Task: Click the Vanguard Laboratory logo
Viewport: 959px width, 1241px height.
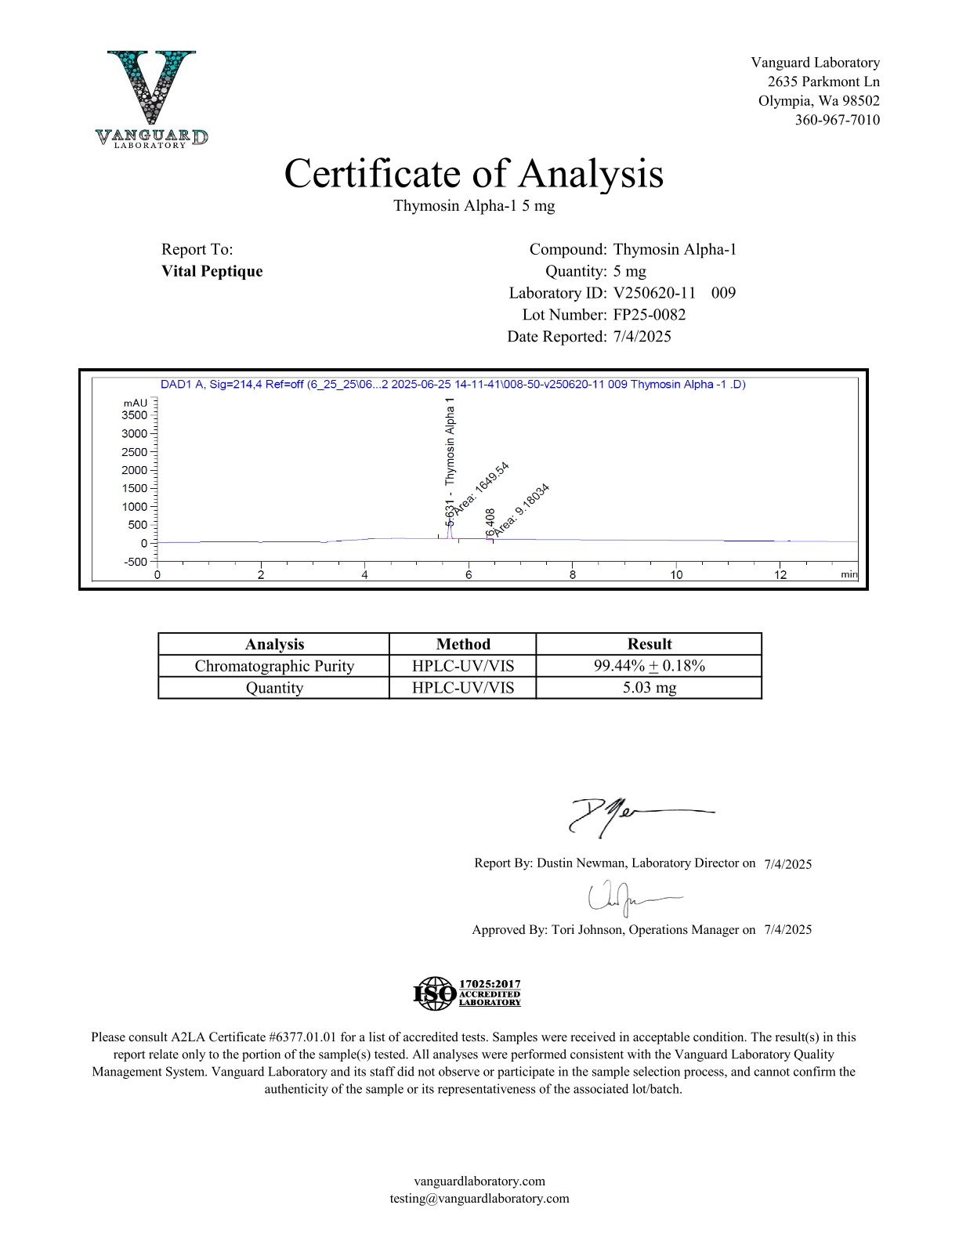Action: click(x=151, y=99)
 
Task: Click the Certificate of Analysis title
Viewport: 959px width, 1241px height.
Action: click(x=473, y=174)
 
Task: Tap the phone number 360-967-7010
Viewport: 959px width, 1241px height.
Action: click(x=837, y=120)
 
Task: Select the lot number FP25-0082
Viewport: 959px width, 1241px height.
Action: click(x=649, y=315)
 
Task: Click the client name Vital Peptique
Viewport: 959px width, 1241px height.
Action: click(x=212, y=271)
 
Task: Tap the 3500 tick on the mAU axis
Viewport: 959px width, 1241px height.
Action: click(x=135, y=415)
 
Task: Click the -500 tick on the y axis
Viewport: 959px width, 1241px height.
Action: click(x=136, y=562)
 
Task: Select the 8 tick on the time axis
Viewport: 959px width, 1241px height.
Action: click(x=573, y=574)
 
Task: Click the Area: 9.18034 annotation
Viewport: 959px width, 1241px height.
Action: click(x=522, y=510)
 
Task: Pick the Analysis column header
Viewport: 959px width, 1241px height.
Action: click(x=274, y=644)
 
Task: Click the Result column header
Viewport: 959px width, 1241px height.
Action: click(x=649, y=644)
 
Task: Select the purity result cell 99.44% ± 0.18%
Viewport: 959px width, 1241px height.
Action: click(x=649, y=666)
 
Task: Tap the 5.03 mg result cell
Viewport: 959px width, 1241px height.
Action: click(x=649, y=688)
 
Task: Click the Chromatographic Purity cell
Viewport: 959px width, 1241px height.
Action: click(x=274, y=666)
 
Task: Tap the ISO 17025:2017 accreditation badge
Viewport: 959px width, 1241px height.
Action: click(x=467, y=993)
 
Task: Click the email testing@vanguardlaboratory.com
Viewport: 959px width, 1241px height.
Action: click(x=479, y=1198)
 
